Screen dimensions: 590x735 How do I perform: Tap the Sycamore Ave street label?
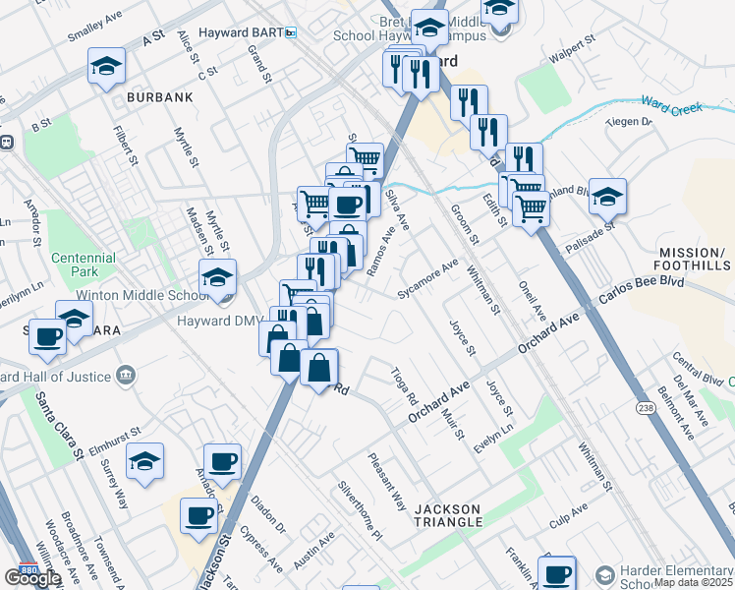427,279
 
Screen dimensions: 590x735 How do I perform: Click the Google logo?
32,578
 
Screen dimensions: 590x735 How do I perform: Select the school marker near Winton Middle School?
217,279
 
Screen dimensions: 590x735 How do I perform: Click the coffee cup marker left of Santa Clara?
47,336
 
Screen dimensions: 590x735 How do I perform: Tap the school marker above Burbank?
106,67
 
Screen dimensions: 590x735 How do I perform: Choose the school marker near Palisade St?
608,196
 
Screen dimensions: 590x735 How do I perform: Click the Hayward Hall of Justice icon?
126,374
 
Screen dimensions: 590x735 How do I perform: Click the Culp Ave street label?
568,513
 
